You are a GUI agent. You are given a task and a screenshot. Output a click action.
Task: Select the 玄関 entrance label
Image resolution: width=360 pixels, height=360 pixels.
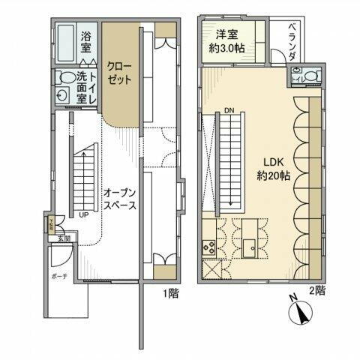tap(64, 239)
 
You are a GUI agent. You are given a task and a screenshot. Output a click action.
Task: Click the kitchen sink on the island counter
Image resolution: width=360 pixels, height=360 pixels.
tap(250, 244)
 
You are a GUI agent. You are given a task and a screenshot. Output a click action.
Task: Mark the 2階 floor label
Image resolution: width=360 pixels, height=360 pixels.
tap(319, 289)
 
